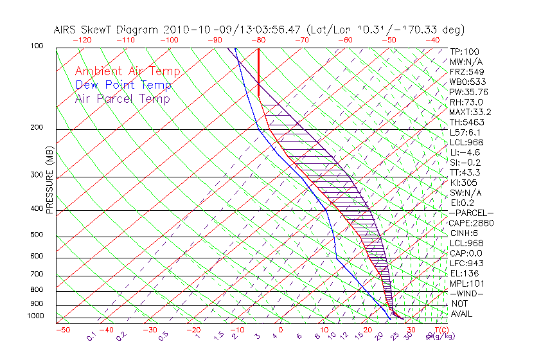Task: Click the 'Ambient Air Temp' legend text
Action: tap(127, 71)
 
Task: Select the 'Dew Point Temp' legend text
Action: tap(123, 85)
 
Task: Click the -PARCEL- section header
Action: tap(471, 213)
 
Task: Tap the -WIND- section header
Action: tap(466, 293)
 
